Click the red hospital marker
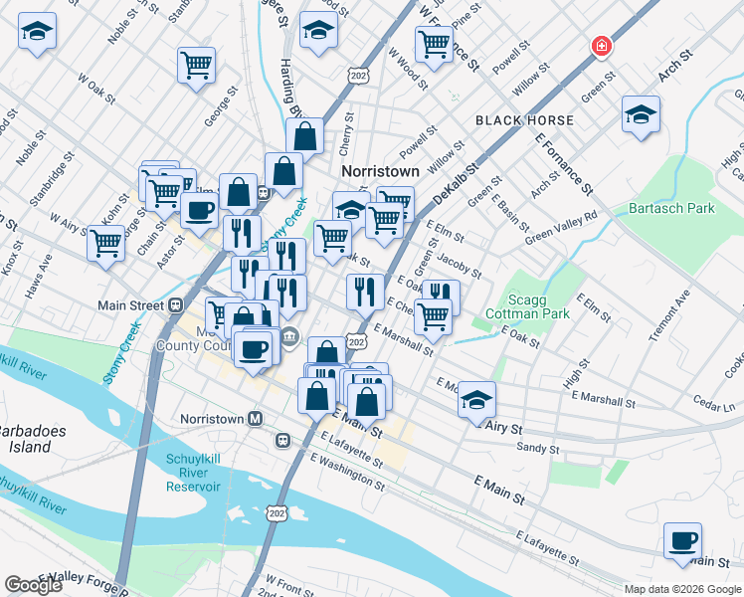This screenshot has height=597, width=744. tap(601, 46)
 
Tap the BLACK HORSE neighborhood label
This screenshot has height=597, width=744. tap(524, 120)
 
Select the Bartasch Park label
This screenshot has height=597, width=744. tap(671, 209)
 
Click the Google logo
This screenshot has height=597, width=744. tap(33, 585)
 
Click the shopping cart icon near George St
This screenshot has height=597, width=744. tap(196, 65)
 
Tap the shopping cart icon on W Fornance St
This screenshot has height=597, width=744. tap(434, 44)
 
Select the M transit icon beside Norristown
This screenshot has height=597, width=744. tap(256, 419)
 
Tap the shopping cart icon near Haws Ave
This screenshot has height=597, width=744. tap(105, 242)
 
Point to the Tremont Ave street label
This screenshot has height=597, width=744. tap(668, 316)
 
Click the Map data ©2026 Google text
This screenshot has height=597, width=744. tap(682, 589)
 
